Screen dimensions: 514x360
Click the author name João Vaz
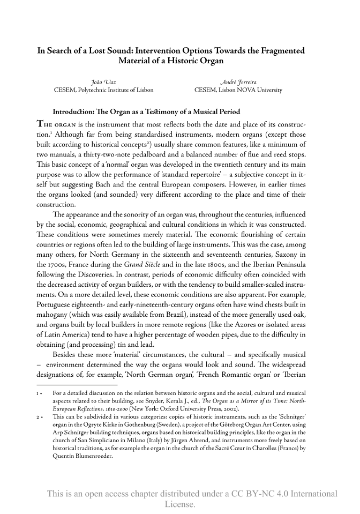point(103,81)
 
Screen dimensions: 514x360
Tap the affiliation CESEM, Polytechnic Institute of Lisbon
point(103,90)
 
